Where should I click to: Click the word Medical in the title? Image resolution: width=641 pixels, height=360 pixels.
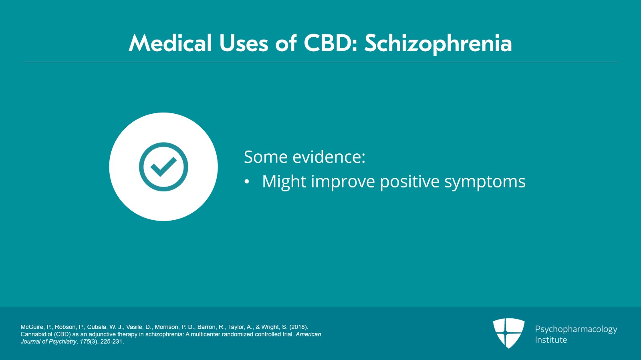click(170, 43)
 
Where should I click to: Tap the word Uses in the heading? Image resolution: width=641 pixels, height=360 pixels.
click(244, 43)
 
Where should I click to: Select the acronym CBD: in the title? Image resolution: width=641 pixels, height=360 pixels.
click(331, 43)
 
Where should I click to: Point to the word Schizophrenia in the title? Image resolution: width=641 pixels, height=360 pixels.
click(438, 44)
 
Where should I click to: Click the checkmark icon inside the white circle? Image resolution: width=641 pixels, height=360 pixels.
click(164, 167)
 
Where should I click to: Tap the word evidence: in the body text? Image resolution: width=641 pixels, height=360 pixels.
click(329, 157)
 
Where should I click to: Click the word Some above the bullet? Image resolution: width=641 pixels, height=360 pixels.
click(266, 157)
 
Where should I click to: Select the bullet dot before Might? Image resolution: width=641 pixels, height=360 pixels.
click(247, 182)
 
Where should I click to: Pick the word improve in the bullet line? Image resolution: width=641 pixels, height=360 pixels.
click(343, 182)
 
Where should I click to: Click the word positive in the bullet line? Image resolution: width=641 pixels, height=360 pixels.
click(409, 182)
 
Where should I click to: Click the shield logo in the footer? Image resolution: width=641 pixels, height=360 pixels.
click(509, 333)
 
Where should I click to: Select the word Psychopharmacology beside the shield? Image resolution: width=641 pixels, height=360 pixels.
click(576, 330)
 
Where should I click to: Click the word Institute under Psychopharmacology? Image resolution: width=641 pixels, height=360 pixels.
click(551, 340)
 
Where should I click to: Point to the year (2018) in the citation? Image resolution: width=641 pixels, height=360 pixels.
click(299, 327)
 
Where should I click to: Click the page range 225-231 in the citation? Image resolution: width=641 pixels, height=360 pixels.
click(112, 342)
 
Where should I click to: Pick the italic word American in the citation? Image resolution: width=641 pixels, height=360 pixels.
click(308, 334)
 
